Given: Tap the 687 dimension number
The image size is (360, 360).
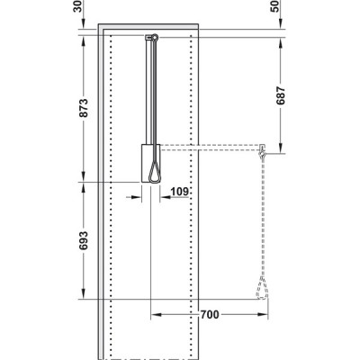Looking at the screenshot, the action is coord(281,95).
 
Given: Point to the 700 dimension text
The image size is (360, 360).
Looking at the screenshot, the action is coord(210,315).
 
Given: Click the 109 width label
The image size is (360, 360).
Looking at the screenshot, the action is coord(179,192).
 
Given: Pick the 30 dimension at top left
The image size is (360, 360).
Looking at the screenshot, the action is coord(77,6).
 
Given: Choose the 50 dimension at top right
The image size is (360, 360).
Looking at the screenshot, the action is coord(274,6).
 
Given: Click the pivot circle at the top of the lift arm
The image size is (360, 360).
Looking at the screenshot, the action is coord(155,37).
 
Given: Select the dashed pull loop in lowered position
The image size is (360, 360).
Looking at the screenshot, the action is coord(262,289).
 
